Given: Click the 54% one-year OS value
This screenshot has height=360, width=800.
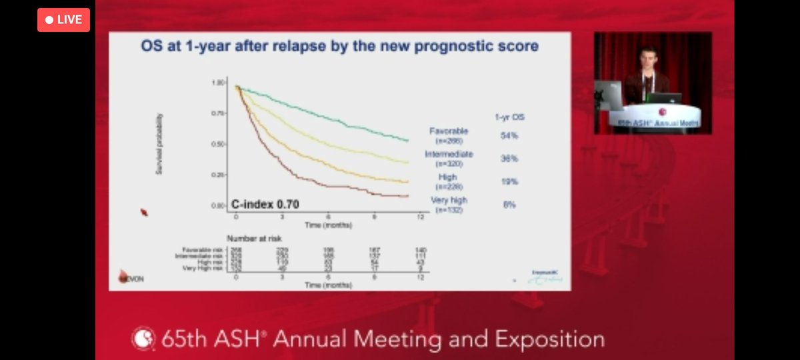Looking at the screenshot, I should tap(509, 135).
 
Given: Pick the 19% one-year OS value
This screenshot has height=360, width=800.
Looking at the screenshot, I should tap(509, 181).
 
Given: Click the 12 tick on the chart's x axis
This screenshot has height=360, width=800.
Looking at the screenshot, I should tap(419, 217).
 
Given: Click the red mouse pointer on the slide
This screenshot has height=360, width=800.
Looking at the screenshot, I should tap(143, 213).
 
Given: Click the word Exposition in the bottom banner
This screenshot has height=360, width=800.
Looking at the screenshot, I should tap(545, 339).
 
